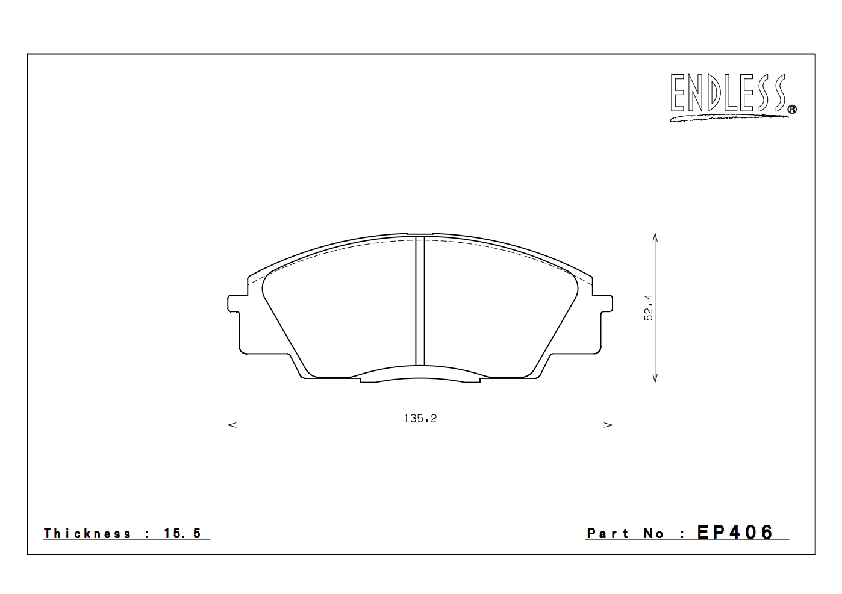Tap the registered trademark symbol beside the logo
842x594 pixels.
coord(792,109)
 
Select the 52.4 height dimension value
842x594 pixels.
coord(648,307)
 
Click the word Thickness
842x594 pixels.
coord(87,533)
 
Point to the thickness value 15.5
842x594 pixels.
coord(182,533)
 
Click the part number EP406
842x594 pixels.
coord(735,533)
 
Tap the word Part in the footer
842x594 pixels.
coord(608,534)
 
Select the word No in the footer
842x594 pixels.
coord(653,534)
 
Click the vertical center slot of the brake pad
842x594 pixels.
coord(420,301)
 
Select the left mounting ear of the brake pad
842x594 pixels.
coord(235,304)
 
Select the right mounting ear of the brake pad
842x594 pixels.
coord(605,304)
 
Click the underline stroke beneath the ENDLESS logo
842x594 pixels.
coord(729,117)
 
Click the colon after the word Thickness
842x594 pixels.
coord(147,534)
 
